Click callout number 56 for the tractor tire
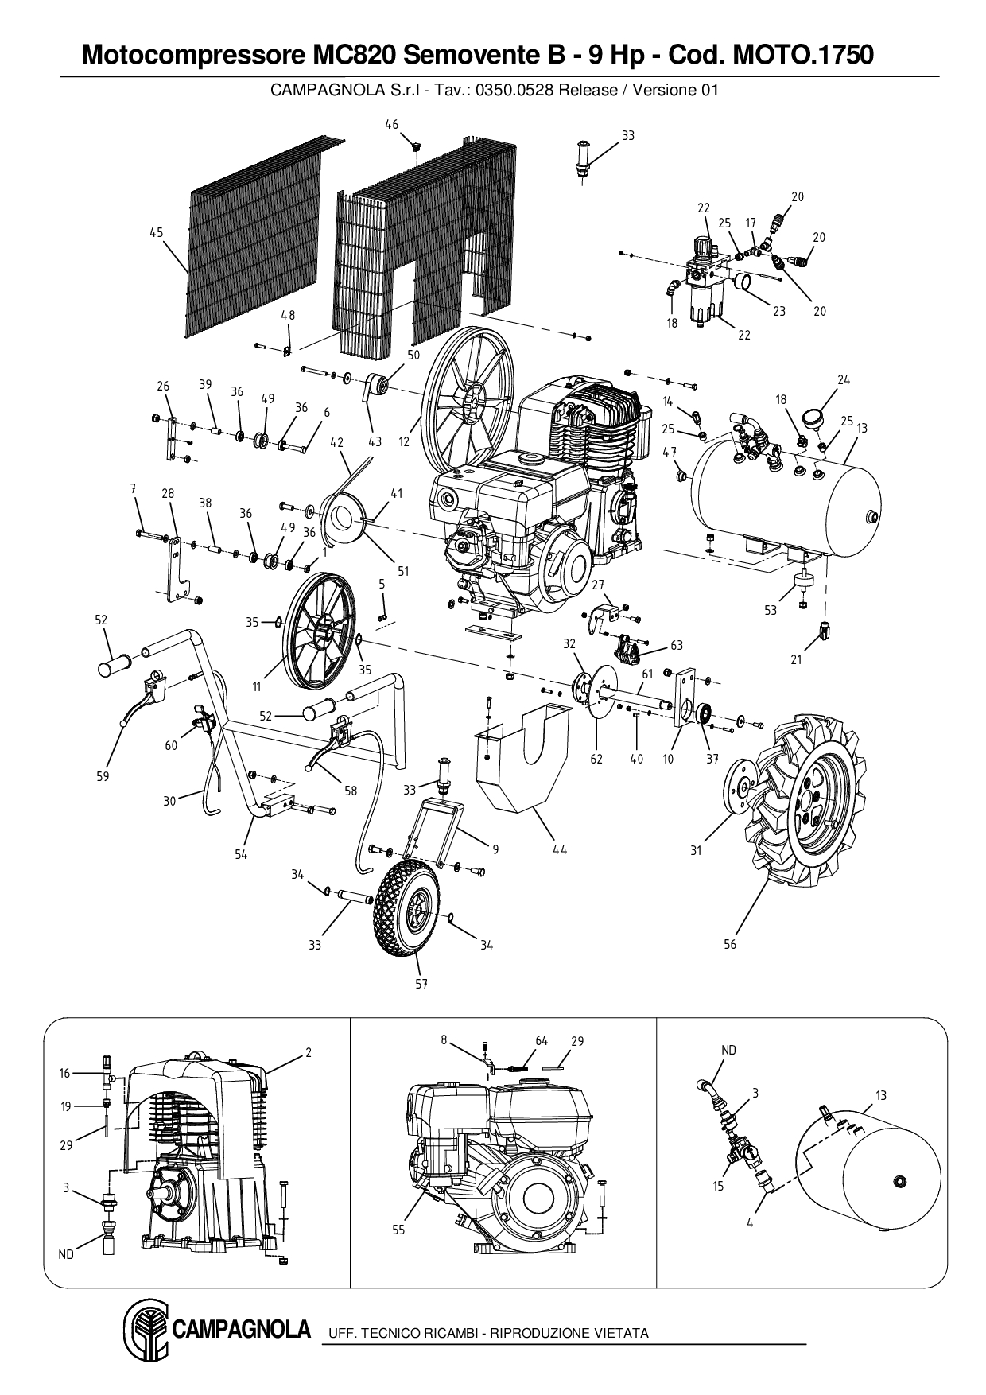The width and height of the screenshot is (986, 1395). coord(730,944)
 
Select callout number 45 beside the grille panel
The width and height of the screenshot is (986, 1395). coord(156,232)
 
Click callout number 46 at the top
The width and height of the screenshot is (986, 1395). coord(391,124)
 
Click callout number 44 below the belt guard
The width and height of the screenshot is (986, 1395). coord(560,849)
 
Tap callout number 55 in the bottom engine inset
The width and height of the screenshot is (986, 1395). coord(398,1230)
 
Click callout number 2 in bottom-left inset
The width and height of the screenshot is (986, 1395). coord(308,1052)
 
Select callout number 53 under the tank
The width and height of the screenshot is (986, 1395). coord(770,610)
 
